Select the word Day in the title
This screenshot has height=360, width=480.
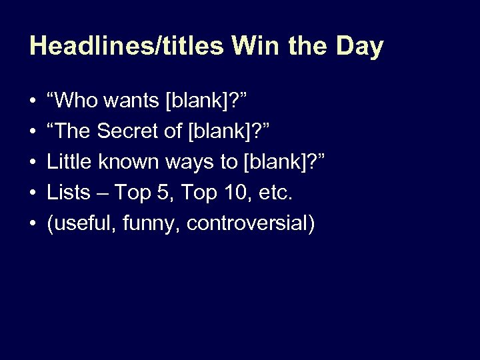click(x=359, y=47)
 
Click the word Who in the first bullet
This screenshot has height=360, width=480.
click(x=77, y=101)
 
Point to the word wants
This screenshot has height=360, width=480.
click(x=133, y=102)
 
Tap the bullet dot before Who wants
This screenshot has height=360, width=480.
click(x=33, y=102)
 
